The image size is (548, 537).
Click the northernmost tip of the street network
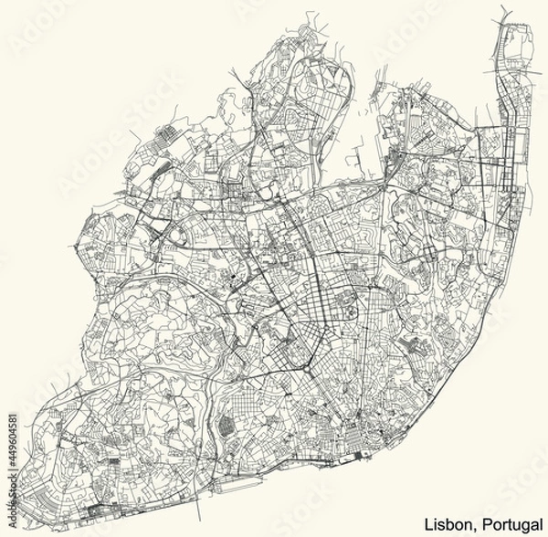(x=504, y=11)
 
